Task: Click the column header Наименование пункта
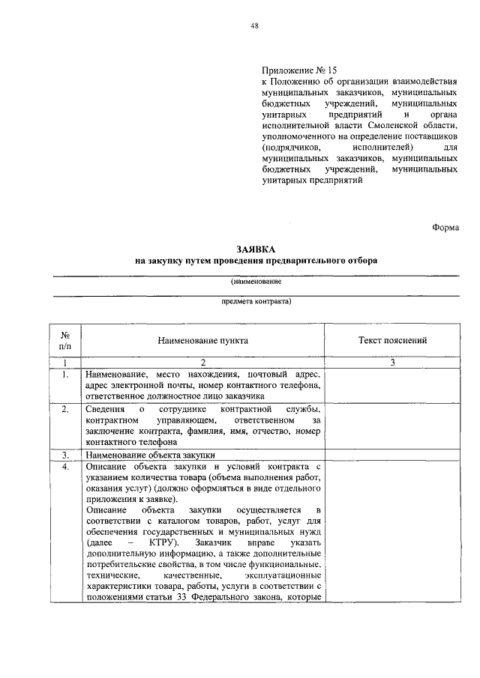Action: click(x=202, y=340)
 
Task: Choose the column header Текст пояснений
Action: click(x=393, y=340)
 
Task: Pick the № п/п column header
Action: click(x=65, y=340)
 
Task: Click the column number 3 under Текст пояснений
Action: click(x=393, y=363)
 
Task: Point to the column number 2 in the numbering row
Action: click(x=202, y=363)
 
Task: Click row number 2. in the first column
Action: click(x=66, y=409)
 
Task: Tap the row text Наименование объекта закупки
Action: click(x=150, y=455)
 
